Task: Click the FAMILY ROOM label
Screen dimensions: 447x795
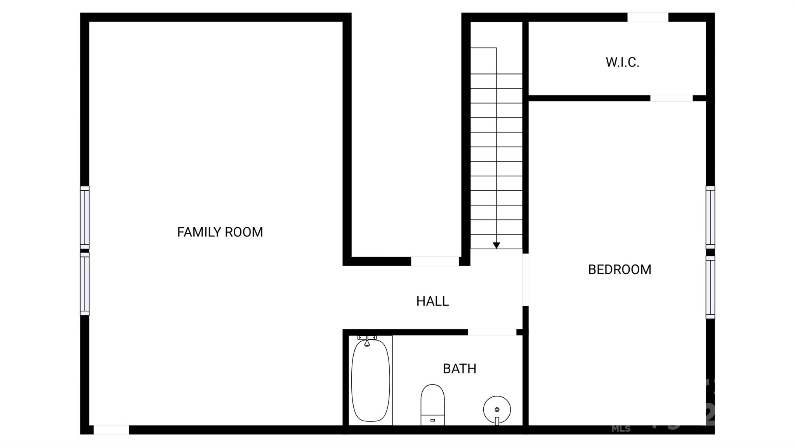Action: click(x=220, y=232)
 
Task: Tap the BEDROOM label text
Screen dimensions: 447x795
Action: click(x=620, y=270)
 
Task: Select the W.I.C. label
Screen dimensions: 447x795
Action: click(x=622, y=62)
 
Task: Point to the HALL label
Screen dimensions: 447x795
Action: click(x=432, y=301)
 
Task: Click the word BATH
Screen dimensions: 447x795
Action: click(x=460, y=369)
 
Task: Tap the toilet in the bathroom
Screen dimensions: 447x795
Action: click(x=432, y=404)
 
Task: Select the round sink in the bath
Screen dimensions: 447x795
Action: click(x=497, y=410)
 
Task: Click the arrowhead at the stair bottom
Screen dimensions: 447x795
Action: click(x=496, y=245)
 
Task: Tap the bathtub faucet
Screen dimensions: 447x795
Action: click(x=367, y=341)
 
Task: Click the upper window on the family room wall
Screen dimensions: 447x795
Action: click(x=85, y=217)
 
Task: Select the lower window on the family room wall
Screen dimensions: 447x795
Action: click(x=85, y=284)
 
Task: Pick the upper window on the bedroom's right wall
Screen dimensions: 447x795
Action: click(x=710, y=217)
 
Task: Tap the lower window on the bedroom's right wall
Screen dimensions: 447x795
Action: click(x=710, y=287)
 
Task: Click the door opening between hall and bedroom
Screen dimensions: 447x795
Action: click(x=525, y=280)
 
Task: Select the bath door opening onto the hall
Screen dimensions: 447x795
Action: click(x=492, y=332)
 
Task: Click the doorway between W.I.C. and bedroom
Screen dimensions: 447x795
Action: click(x=671, y=98)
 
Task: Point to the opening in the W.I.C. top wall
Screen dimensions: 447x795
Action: click(x=647, y=17)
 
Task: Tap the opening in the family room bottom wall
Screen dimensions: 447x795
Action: click(x=111, y=430)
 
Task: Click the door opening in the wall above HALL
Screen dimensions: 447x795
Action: click(x=435, y=261)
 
